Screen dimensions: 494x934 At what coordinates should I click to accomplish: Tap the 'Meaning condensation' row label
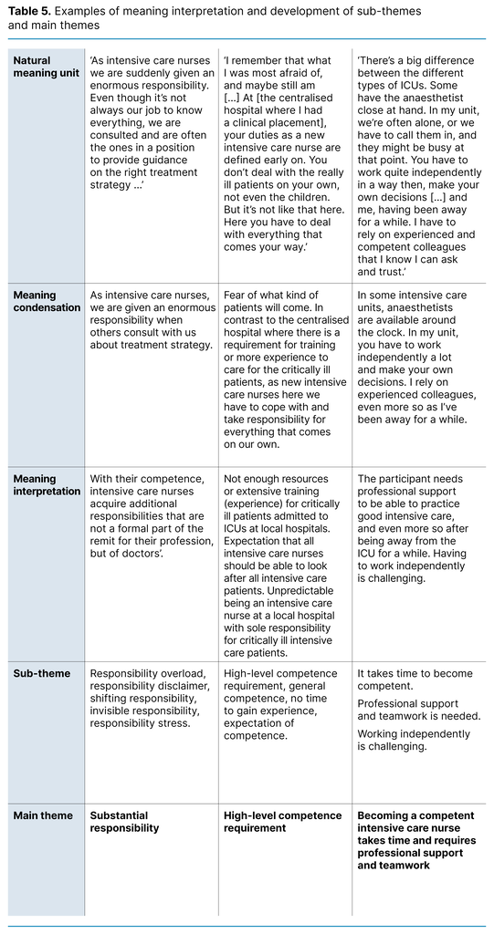47,301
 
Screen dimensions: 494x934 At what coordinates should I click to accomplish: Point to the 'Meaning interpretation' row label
47,484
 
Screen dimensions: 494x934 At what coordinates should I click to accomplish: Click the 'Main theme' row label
40,815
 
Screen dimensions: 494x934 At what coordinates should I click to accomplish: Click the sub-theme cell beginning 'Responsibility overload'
150,698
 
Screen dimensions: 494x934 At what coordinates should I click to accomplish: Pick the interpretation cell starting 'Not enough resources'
284,556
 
